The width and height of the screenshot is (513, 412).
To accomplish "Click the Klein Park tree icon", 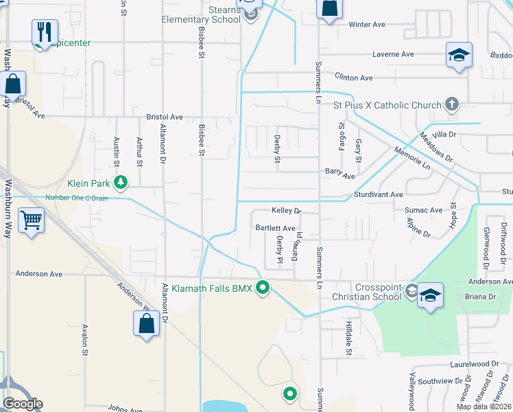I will point(121,182).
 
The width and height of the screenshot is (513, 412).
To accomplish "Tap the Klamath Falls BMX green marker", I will point(261,288).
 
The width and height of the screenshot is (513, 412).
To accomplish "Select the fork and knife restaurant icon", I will point(45,31).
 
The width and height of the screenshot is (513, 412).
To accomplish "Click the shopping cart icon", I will point(31,220).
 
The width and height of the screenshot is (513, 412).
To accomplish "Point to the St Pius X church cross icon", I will point(451,104).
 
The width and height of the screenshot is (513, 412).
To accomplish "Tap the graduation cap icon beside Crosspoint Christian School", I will point(429,294).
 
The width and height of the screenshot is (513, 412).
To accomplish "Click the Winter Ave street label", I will point(367,25).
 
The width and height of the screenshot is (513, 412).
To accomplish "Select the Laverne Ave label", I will point(393,54).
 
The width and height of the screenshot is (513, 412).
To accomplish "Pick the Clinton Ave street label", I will point(353,78).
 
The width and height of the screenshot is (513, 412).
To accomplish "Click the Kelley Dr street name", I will point(286,211).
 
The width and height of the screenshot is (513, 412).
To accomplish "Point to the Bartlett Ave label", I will point(275,228).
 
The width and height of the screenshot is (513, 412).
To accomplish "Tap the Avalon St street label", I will point(85,340).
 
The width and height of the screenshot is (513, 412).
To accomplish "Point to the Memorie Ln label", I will point(411,158).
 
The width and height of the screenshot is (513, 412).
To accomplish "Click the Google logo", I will point(23,404).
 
